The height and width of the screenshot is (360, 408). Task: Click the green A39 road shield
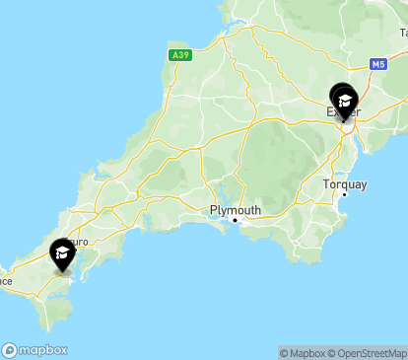(179, 55)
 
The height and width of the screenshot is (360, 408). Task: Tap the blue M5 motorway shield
(378, 64)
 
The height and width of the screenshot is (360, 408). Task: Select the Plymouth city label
(236, 210)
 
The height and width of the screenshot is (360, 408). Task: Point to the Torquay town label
(345, 184)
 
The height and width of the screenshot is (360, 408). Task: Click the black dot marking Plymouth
(235, 220)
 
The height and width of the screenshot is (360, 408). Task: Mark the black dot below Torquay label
(344, 194)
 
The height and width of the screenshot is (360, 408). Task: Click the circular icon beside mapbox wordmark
(10, 349)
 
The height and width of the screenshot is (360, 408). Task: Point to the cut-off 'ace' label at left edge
(5, 281)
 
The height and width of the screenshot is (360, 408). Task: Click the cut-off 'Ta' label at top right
(403, 33)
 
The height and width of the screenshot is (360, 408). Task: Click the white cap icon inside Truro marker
(62, 252)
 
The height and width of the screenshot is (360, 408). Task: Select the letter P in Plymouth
(214, 210)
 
